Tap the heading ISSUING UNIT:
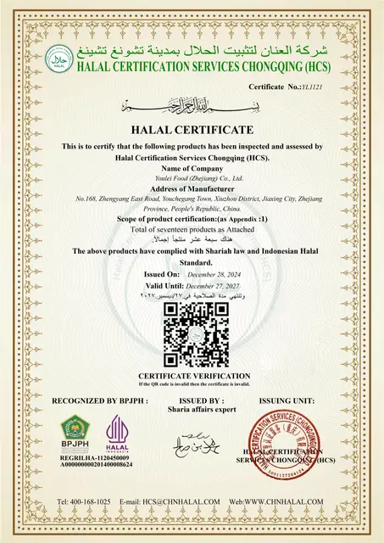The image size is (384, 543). (x=287, y=400)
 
